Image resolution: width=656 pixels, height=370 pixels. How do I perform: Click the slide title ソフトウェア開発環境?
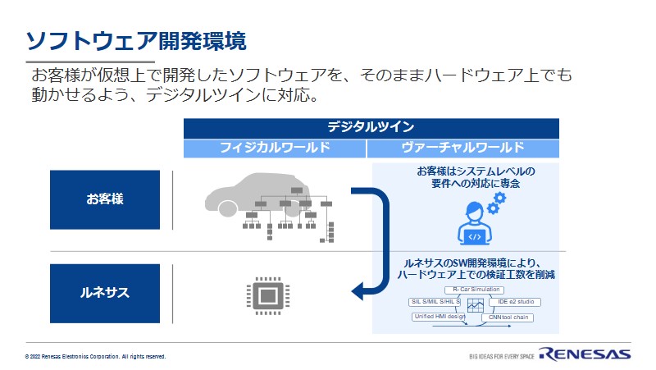pos(134,40)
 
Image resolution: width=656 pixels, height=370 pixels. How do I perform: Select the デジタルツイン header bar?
pos(371,128)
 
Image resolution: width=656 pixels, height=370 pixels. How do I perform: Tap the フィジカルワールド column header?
pos(275,148)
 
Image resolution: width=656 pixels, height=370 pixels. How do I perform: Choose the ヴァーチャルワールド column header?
pos(463,148)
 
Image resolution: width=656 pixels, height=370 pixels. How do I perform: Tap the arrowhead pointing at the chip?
pos(357,291)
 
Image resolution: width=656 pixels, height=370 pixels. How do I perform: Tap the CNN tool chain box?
pos(510,316)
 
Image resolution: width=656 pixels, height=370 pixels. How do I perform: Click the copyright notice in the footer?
pos(95,357)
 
